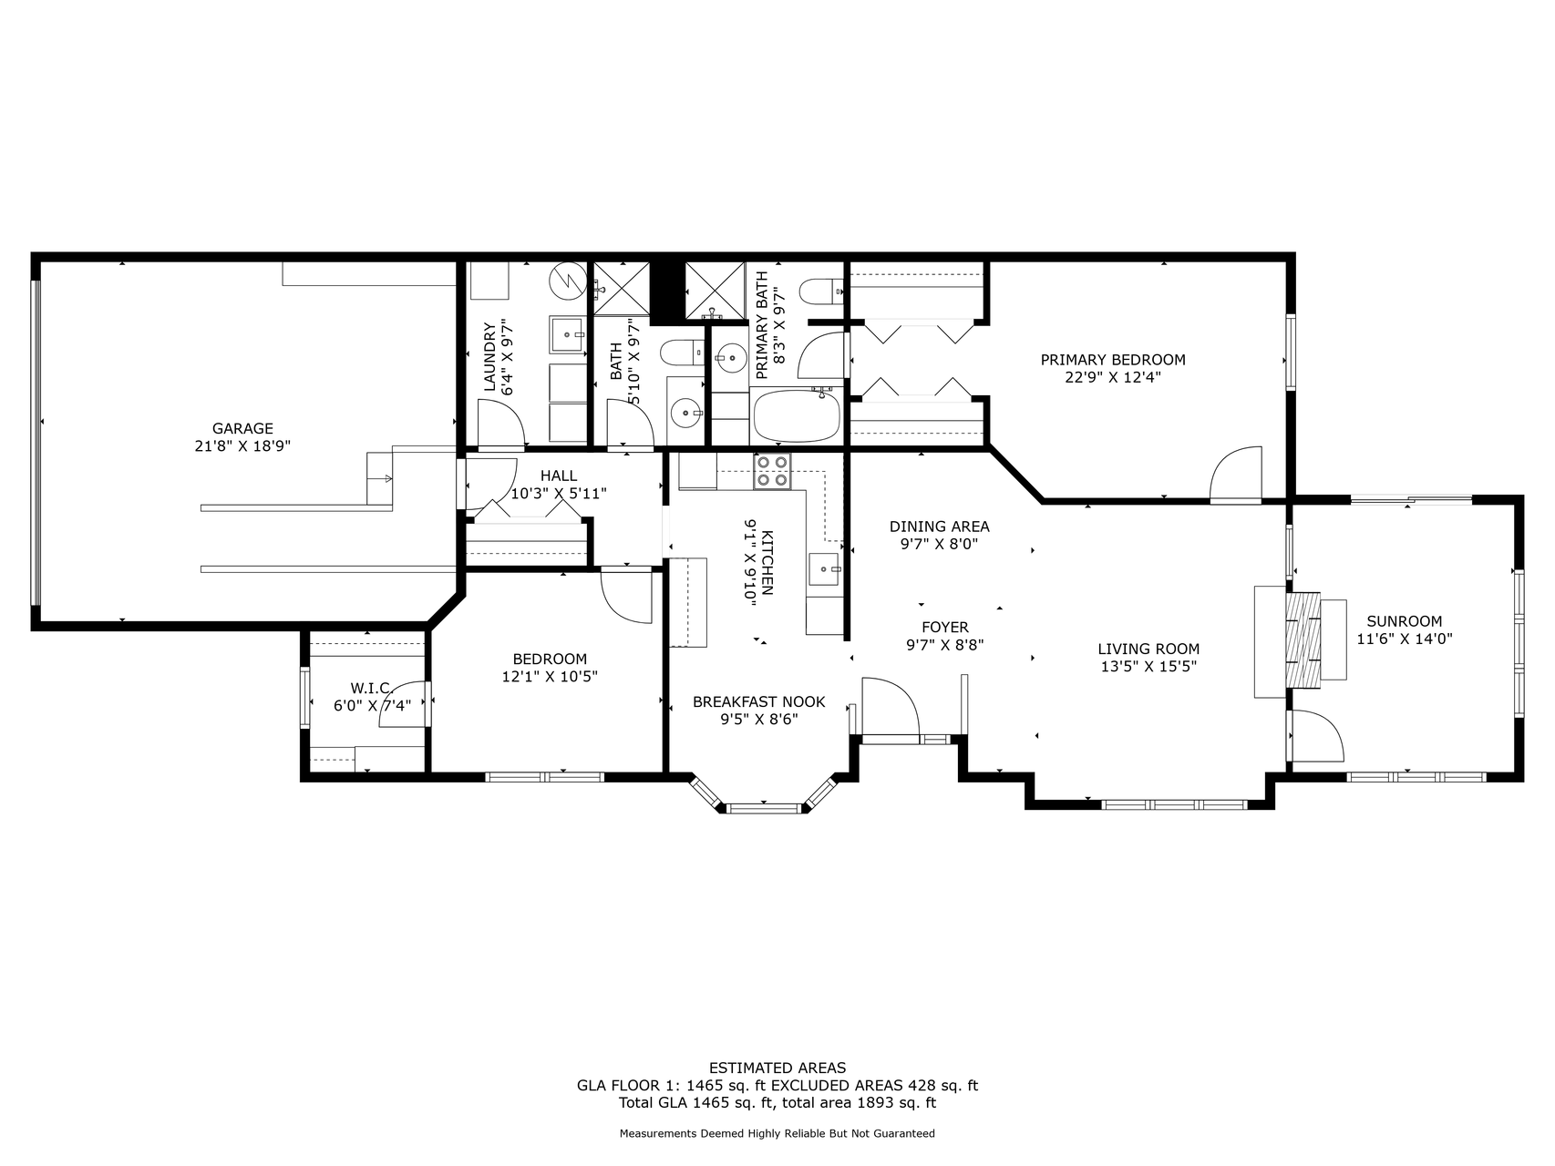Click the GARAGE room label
pyautogui.click(x=242, y=428)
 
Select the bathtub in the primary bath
pyautogui.click(x=797, y=416)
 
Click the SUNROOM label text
pyautogui.click(x=1404, y=621)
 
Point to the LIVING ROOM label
pyautogui.click(x=1148, y=649)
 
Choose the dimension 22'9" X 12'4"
pyautogui.click(x=1113, y=377)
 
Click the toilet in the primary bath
pyautogui.click(x=822, y=291)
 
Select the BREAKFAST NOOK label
pyautogui.click(x=758, y=701)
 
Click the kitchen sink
pyautogui.click(x=827, y=569)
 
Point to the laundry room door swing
pyautogui.click(x=501, y=424)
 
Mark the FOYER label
pyautogui.click(x=944, y=628)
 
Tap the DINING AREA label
pyautogui.click(x=939, y=527)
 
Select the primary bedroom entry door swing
pyautogui.click(x=1236, y=473)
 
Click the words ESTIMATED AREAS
pyautogui.click(x=777, y=1068)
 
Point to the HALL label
pyautogui.click(x=559, y=476)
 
